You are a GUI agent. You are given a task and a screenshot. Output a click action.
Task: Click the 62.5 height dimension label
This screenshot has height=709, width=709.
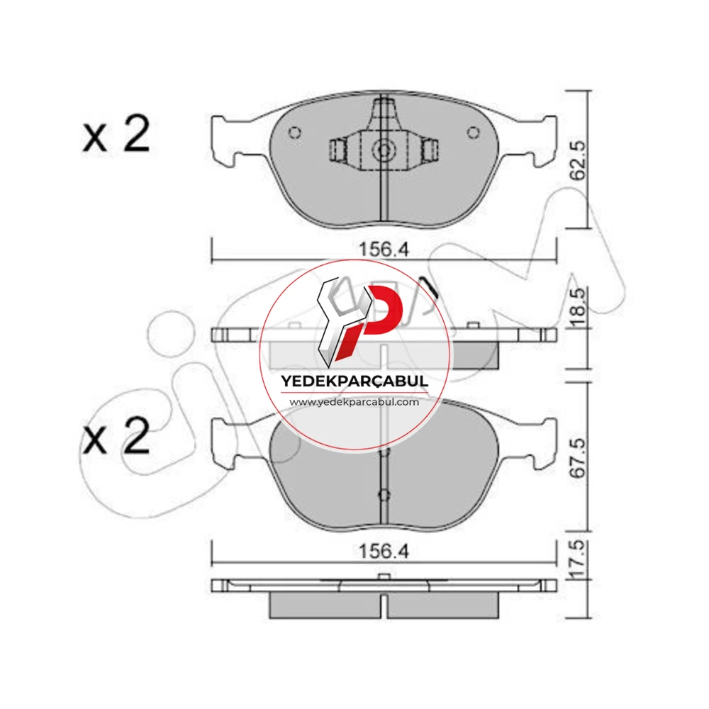(x=579, y=160)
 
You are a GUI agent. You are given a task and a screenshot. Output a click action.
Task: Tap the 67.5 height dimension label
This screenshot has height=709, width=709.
(x=579, y=457)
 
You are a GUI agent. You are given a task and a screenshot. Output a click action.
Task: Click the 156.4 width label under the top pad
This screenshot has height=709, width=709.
(x=384, y=249)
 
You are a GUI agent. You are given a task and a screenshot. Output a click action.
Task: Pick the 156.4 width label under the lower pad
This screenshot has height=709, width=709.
(x=384, y=551)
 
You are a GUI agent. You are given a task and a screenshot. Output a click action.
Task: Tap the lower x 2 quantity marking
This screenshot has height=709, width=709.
(x=116, y=436)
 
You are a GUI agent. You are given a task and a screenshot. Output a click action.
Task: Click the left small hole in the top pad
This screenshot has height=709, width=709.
(x=295, y=133)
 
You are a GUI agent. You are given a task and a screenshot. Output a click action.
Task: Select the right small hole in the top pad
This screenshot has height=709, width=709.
(x=474, y=133)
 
